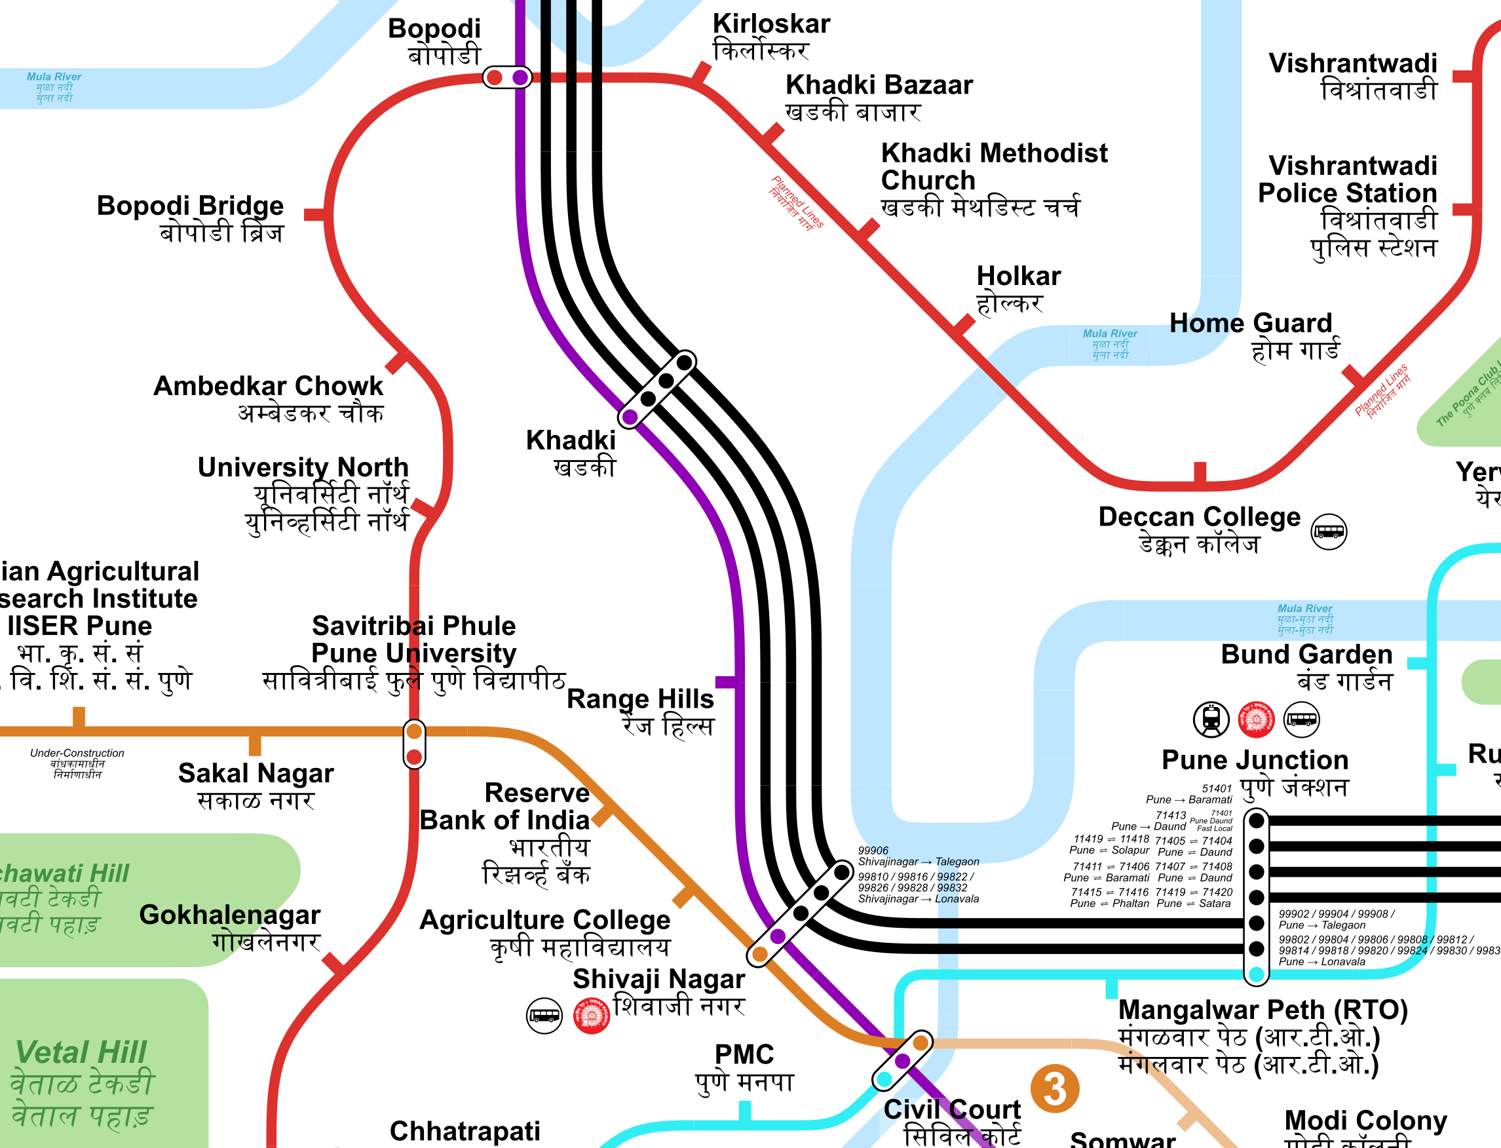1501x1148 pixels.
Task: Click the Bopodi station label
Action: [x=434, y=41]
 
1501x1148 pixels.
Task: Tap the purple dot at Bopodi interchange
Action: [x=520, y=77]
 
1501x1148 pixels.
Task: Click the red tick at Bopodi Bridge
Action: [x=314, y=214]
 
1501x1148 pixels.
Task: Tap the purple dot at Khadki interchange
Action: [x=630, y=416]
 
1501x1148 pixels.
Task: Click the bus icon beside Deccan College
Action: [x=1328, y=531]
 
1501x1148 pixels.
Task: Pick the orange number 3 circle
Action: [x=1054, y=1089]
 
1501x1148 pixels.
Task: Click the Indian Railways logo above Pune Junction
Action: [x=1256, y=719]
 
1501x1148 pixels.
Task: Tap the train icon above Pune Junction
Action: [x=1211, y=719]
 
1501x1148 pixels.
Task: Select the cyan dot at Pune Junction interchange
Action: [x=1256, y=974]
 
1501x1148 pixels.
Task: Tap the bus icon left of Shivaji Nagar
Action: [x=544, y=1016]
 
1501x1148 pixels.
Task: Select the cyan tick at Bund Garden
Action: [x=1417, y=664]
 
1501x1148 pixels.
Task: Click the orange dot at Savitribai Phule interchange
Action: [x=414, y=731]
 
